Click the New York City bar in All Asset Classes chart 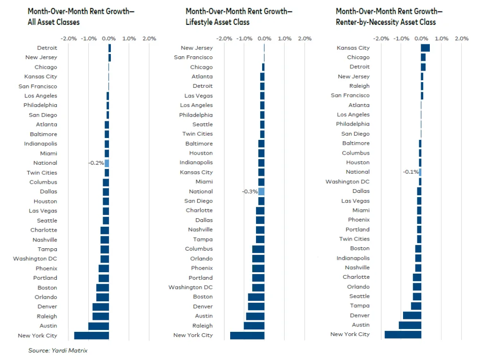pyautogui.click(x=92, y=336)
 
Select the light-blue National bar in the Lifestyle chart pyautogui.click(x=261, y=191)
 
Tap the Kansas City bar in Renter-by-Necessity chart pyautogui.click(x=425, y=48)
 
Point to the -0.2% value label pyautogui.click(x=96, y=163)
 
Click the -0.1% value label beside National pyautogui.click(x=410, y=172)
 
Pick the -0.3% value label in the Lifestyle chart pyautogui.click(x=250, y=191)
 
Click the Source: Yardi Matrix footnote pyautogui.click(x=58, y=350)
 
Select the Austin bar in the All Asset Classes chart pyautogui.click(x=99, y=326)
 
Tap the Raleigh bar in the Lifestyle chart pyautogui.click(x=254, y=326)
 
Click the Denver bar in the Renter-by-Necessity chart pyautogui.click(x=412, y=315)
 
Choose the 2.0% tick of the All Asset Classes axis pyautogui.click(x=149, y=39)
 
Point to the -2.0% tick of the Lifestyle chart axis pyautogui.click(x=224, y=39)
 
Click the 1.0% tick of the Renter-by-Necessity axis pyautogui.click(x=442, y=39)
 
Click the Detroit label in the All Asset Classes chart pyautogui.click(x=47, y=48)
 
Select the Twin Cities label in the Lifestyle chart pyautogui.click(x=197, y=134)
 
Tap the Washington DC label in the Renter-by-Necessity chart pyautogui.click(x=347, y=181)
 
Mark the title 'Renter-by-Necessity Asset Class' pyautogui.click(x=385, y=22)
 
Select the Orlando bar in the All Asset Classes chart pyautogui.click(x=103, y=297)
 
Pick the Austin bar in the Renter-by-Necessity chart pyautogui.click(x=410, y=325)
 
